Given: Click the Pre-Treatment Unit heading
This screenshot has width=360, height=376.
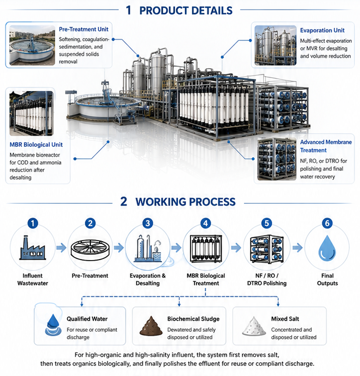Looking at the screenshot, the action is pyautogui.click(x=84, y=29).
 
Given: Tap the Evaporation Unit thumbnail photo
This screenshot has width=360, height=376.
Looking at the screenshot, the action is pyautogui.click(x=275, y=45).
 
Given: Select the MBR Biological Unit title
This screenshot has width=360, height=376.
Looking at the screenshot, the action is pyautogui.click(x=36, y=145).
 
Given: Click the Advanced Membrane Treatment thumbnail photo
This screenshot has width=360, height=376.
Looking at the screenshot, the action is pyautogui.click(x=277, y=159).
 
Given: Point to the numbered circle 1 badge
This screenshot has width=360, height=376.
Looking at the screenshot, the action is pyautogui.click(x=33, y=223).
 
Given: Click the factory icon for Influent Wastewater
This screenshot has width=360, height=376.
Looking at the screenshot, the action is pyautogui.click(x=33, y=248).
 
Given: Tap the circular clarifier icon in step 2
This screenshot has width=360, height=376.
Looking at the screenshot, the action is pyautogui.click(x=90, y=250).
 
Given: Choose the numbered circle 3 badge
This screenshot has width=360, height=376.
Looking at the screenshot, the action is pyautogui.click(x=148, y=223).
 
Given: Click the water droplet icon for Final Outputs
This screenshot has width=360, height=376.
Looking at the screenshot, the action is pyautogui.click(x=327, y=248).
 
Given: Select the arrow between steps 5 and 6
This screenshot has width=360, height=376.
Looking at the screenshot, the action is pyautogui.click(x=297, y=248).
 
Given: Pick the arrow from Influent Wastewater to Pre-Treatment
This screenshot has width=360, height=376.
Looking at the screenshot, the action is pyautogui.click(x=61, y=248).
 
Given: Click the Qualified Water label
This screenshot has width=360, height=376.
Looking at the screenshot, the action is pyautogui.click(x=87, y=319).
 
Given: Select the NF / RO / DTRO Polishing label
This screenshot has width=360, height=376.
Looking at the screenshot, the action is pyautogui.click(x=267, y=280).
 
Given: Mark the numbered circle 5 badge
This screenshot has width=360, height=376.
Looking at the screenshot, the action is pyautogui.click(x=267, y=223).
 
